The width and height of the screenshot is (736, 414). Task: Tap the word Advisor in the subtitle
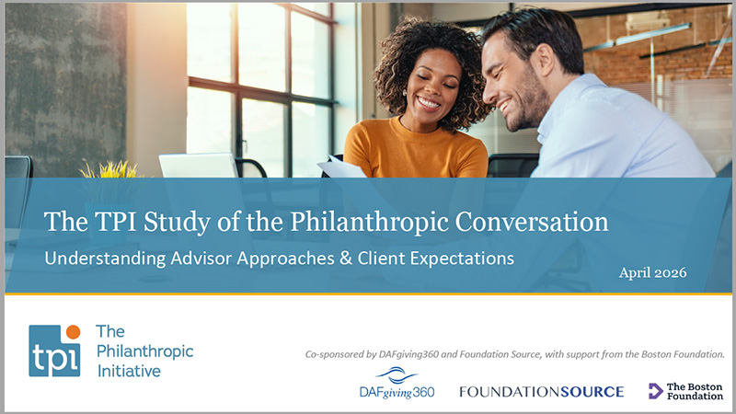pyautogui.click(x=213, y=259)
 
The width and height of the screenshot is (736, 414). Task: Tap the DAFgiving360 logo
pyautogui.click(x=397, y=385)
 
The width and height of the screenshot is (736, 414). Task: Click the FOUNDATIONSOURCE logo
pyautogui.click(x=541, y=391)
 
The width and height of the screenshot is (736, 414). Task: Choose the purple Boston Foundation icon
pyautogui.click(x=656, y=390)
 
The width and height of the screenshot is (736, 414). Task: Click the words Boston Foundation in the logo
pyautogui.click(x=695, y=390)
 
